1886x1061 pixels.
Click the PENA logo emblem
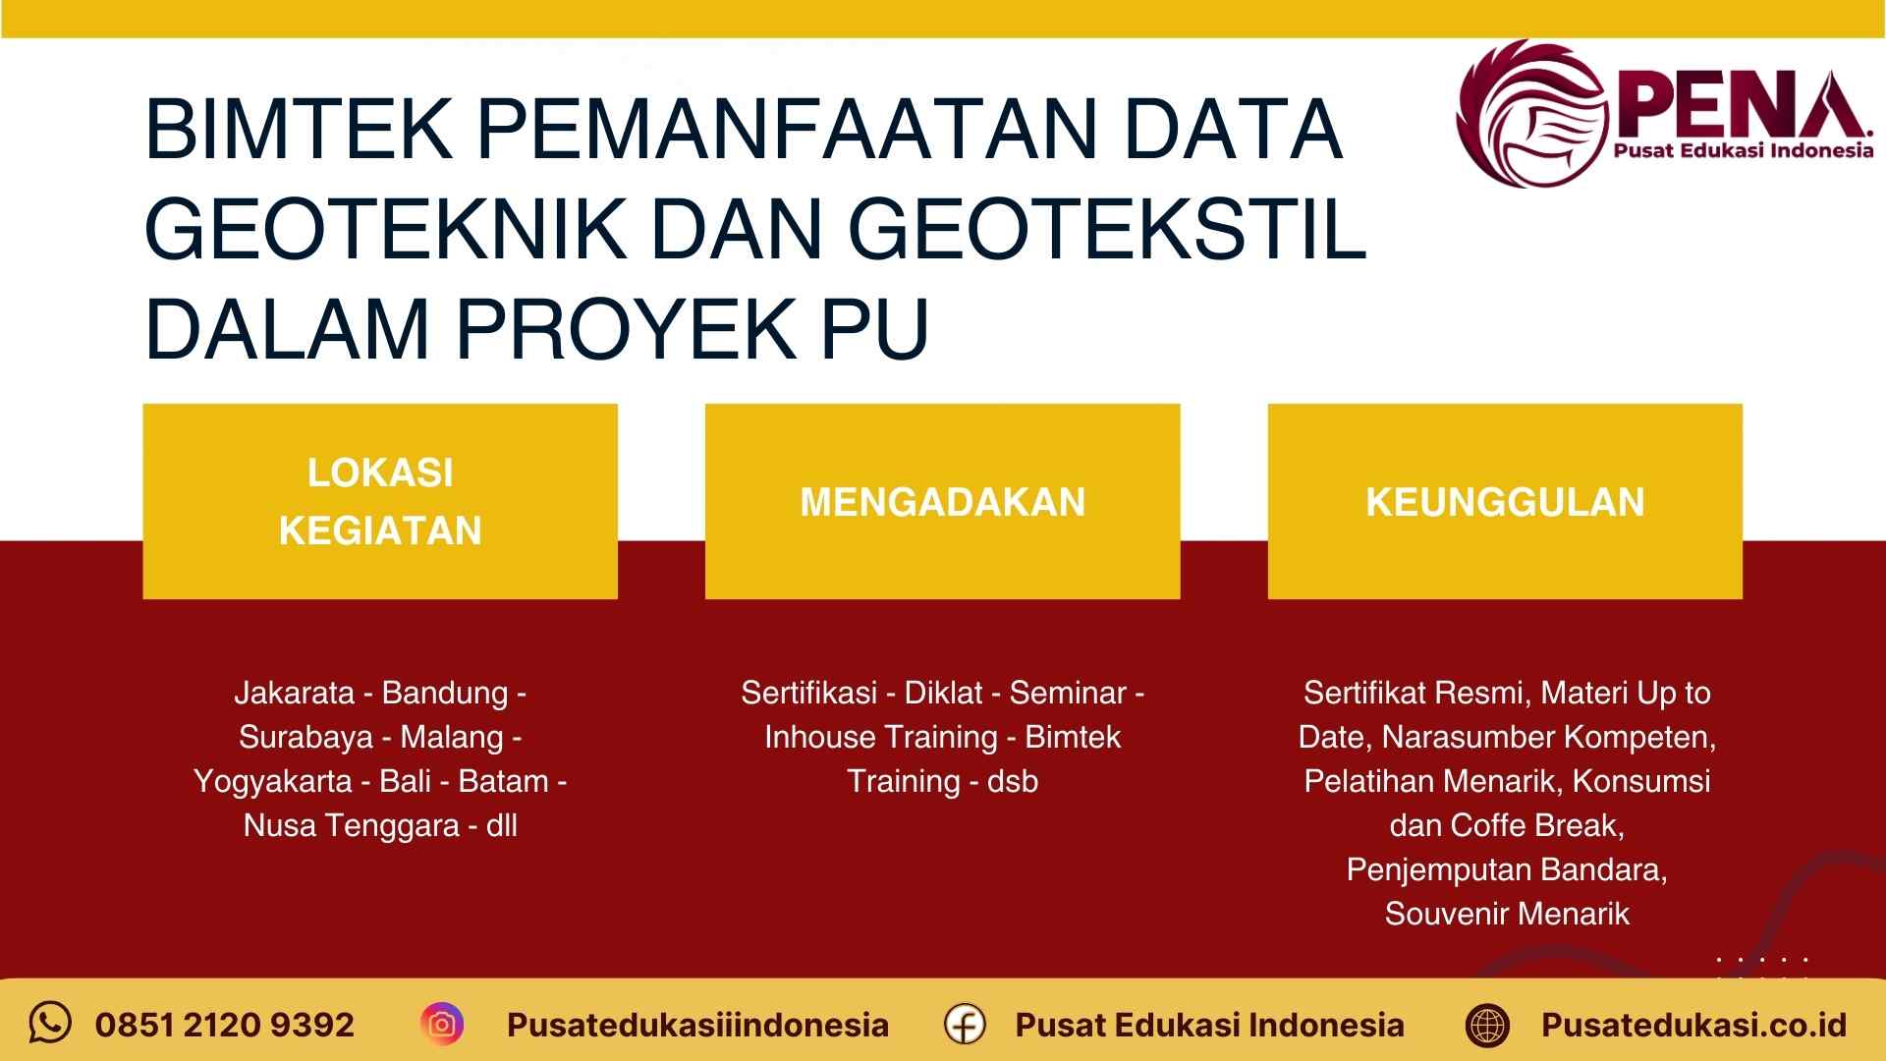(x=1532, y=113)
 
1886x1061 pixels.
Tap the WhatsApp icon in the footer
(x=50, y=1023)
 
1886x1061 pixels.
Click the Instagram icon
(x=442, y=1024)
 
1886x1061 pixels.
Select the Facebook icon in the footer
(x=965, y=1024)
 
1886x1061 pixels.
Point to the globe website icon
(x=1487, y=1025)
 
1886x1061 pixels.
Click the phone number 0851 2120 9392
(x=224, y=1025)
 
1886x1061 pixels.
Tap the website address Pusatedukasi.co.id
(x=1693, y=1025)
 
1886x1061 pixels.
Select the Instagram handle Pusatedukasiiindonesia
(x=697, y=1025)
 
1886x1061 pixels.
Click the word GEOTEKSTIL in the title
(x=1107, y=228)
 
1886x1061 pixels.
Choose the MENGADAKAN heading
(x=942, y=502)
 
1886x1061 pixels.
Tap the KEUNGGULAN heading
(x=1505, y=502)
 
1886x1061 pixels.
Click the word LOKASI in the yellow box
(x=380, y=473)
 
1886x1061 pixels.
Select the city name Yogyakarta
(x=272, y=781)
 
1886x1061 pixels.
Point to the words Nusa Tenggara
(x=351, y=825)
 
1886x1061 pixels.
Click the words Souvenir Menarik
(x=1507, y=914)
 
